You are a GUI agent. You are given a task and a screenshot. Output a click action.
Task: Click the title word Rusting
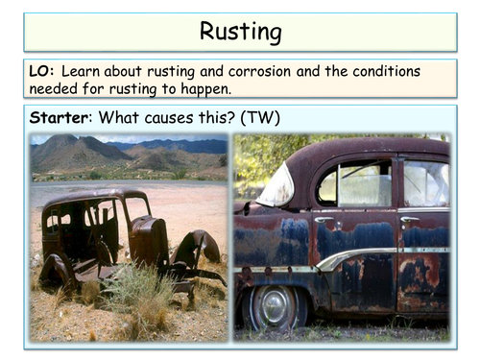click(240, 32)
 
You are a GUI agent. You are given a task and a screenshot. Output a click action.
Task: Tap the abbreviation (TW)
click(270, 119)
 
